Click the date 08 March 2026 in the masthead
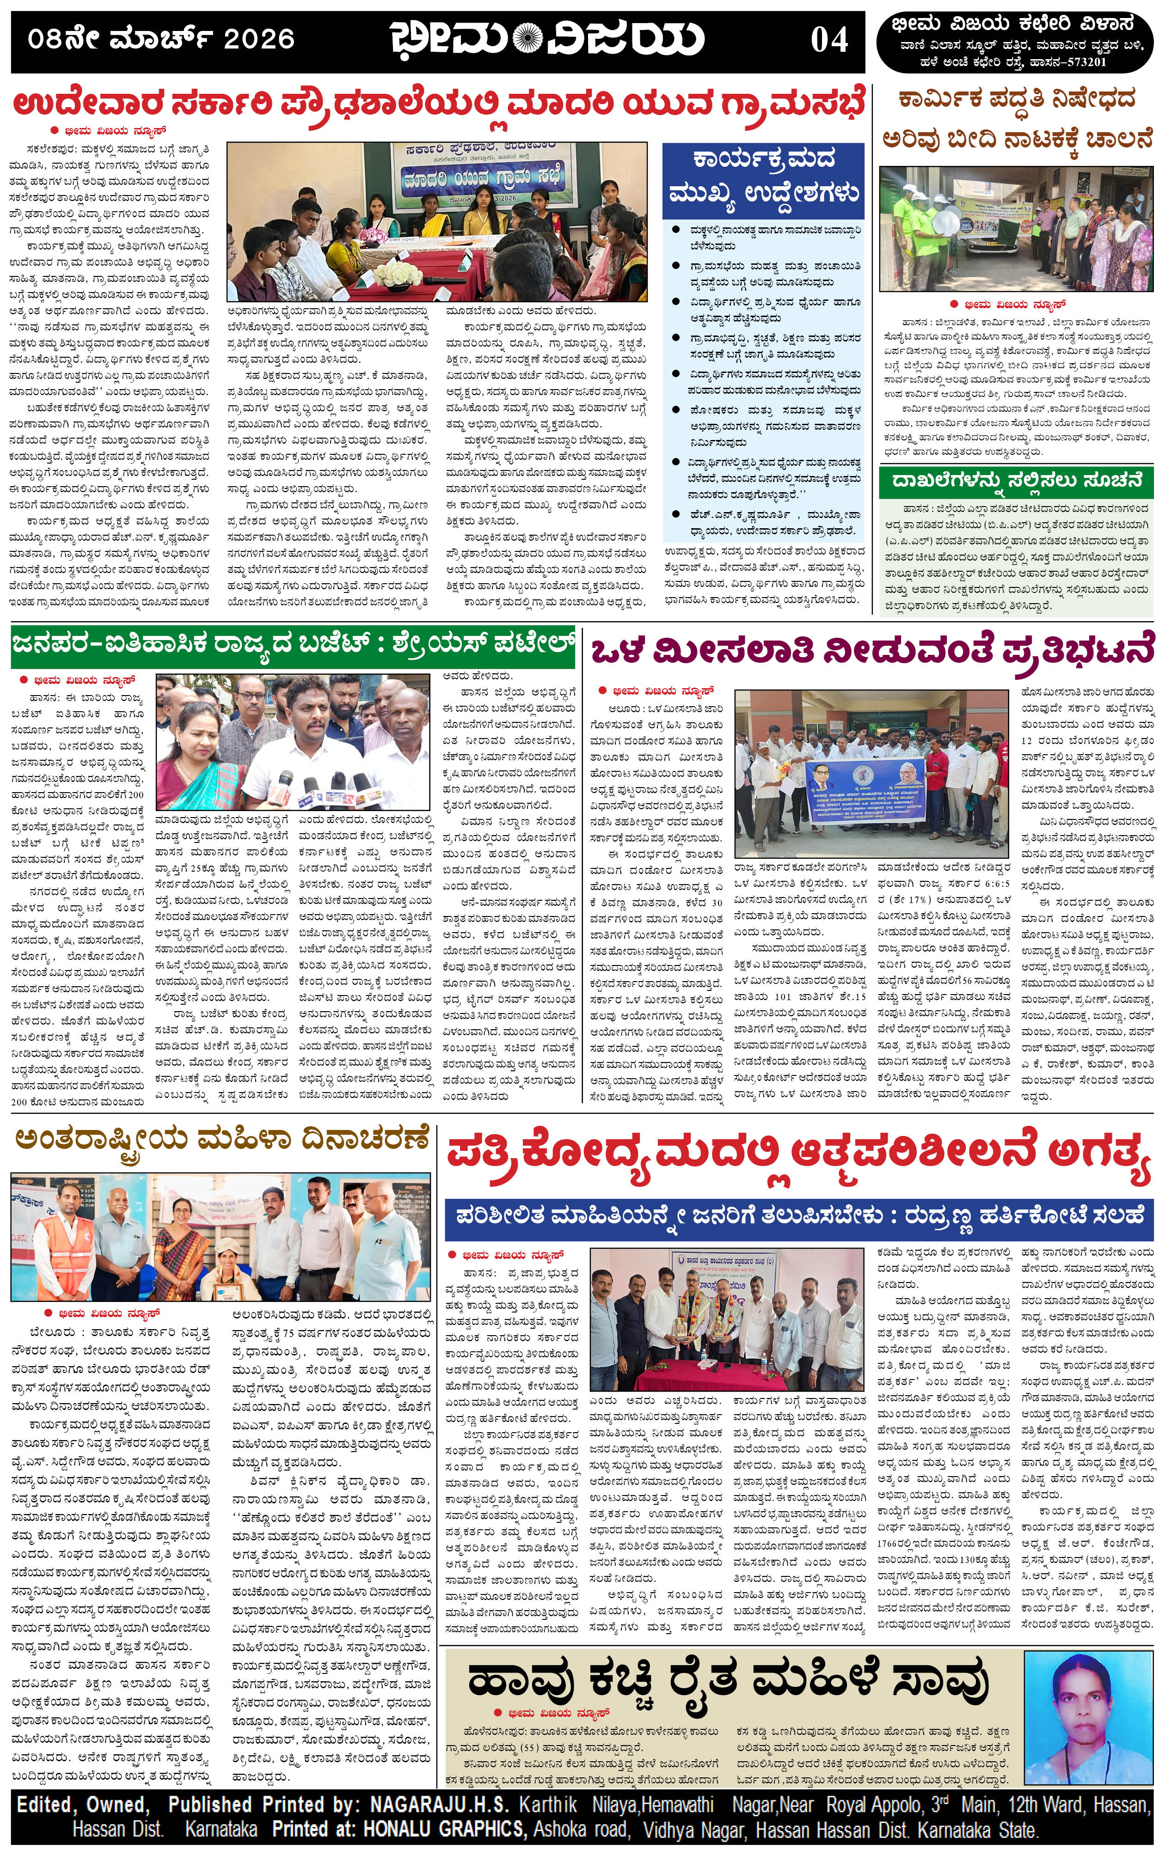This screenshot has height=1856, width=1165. click(161, 38)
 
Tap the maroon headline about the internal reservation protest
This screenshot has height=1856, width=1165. click(873, 648)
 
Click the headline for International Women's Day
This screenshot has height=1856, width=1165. click(221, 1139)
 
